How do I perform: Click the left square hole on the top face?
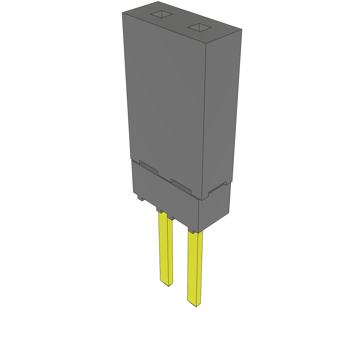click(162, 14)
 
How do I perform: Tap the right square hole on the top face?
click(199, 27)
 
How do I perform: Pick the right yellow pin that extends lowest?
click(195, 267)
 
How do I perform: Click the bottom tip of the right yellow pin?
click(196, 305)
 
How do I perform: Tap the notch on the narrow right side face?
click(217, 188)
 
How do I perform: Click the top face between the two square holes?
click(180, 21)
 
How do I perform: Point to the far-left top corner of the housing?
click(122, 13)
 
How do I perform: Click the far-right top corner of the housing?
click(242, 30)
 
